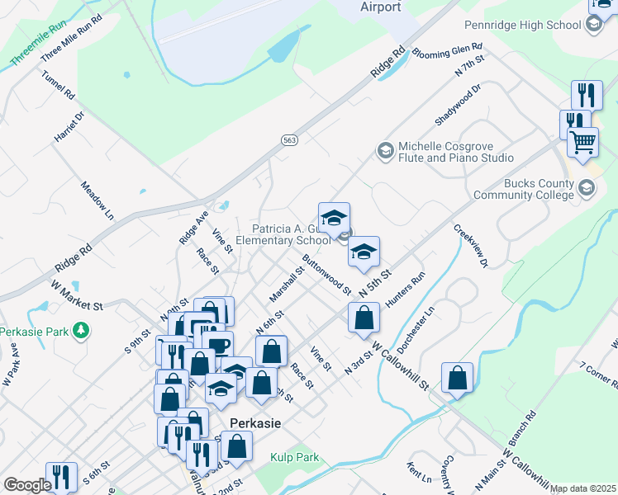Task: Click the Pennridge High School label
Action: pyautogui.click(x=522, y=25)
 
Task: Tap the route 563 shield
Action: pyautogui.click(x=289, y=141)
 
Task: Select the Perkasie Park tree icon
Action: pyautogui.click(x=80, y=332)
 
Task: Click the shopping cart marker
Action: pyautogui.click(x=583, y=143)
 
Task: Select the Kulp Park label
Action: pyautogui.click(x=294, y=457)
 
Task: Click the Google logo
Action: pyautogui.click(x=27, y=485)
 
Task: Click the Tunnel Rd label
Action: pyautogui.click(x=59, y=83)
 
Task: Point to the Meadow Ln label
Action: pyautogui.click(x=97, y=201)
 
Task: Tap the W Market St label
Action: pyautogui.click(x=76, y=295)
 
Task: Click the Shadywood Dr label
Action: pyautogui.click(x=458, y=103)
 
